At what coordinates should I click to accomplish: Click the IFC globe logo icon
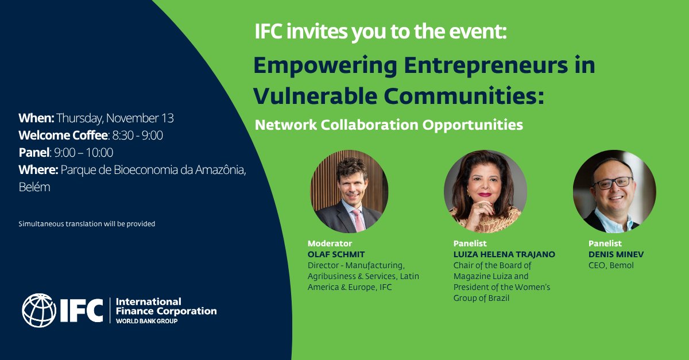click(39, 311)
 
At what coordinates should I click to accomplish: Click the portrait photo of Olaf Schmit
click(349, 191)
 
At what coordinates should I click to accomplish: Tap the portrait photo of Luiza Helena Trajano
click(485, 191)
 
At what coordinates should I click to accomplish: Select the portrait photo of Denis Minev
click(614, 191)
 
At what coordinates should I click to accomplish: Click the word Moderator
click(330, 243)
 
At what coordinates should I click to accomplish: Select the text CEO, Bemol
click(611, 265)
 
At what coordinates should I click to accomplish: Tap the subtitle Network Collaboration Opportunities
click(389, 125)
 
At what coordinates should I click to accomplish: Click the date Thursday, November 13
click(115, 119)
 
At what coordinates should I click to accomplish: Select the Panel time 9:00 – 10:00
click(83, 153)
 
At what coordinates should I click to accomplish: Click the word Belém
click(34, 187)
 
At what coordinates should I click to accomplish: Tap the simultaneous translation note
click(87, 224)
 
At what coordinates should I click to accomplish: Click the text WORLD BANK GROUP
click(147, 321)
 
